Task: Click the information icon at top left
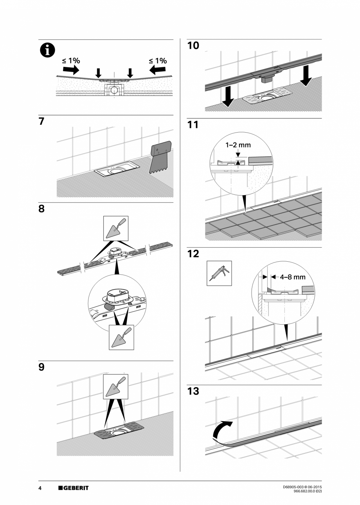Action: click(x=48, y=51)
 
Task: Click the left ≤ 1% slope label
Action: click(x=71, y=61)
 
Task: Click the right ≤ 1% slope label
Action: click(x=158, y=61)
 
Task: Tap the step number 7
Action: click(x=41, y=122)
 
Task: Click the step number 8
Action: click(x=41, y=209)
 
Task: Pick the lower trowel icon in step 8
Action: click(x=121, y=338)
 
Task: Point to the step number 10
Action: click(x=193, y=46)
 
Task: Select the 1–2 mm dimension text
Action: click(x=238, y=145)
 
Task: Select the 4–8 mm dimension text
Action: click(x=292, y=277)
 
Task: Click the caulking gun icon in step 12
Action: click(x=219, y=273)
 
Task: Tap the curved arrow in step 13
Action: click(x=222, y=431)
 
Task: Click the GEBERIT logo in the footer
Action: click(x=74, y=488)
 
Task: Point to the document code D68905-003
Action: click(x=295, y=487)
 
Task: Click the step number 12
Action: click(x=193, y=254)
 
